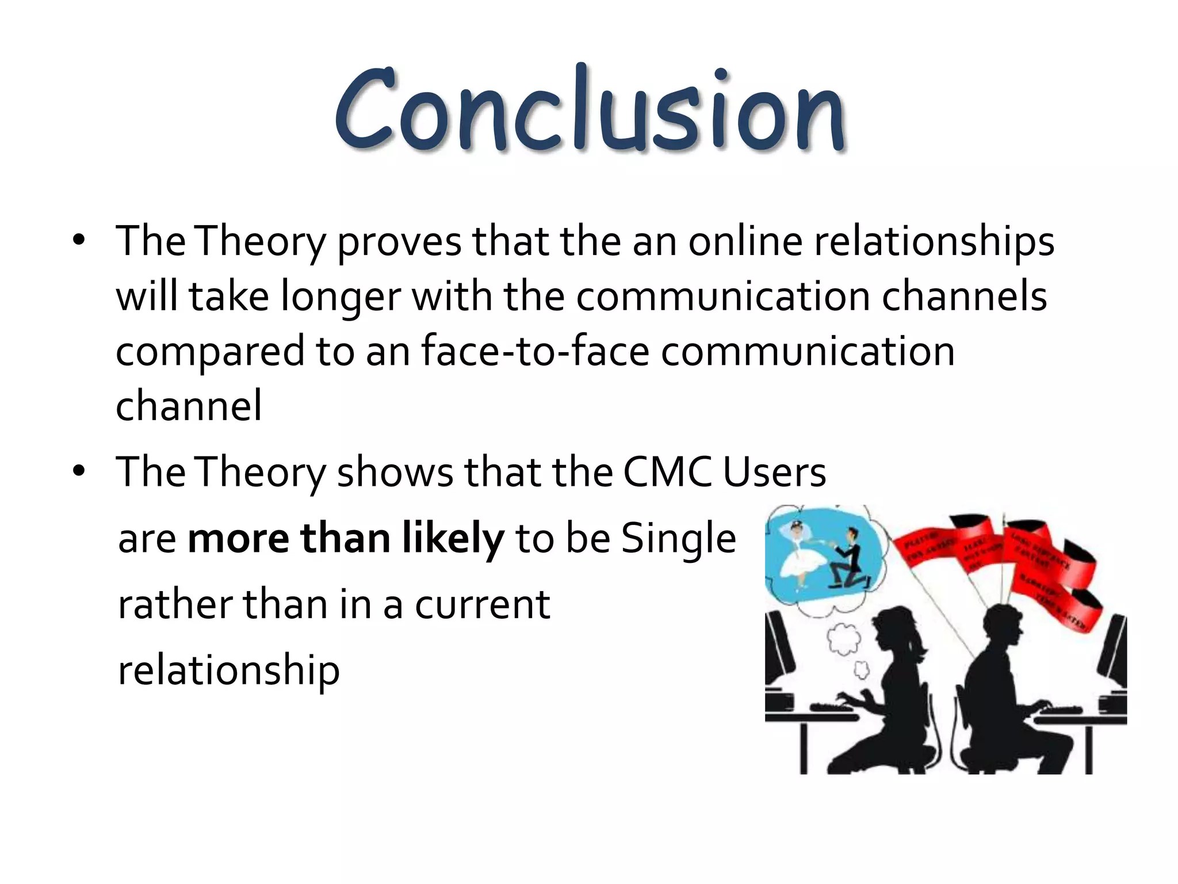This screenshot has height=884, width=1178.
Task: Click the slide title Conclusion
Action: [x=589, y=109]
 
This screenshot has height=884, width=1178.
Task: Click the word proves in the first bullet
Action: [x=399, y=242]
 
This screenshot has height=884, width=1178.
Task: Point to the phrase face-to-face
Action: [x=535, y=351]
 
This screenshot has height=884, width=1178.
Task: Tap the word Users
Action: [x=774, y=472]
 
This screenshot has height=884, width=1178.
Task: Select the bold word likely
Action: [x=453, y=539]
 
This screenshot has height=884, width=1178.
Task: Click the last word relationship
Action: [x=228, y=671]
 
